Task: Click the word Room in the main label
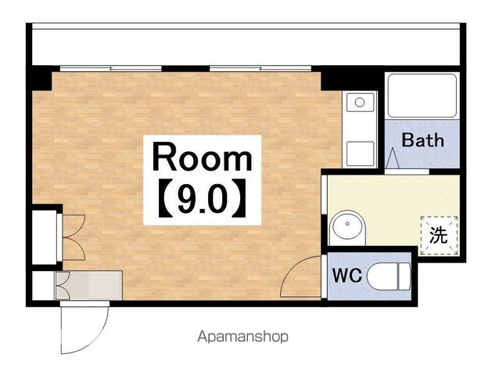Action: coord(203,157)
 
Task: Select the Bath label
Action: coord(422,140)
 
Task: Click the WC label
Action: coord(347,275)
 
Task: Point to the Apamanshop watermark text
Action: coord(242,337)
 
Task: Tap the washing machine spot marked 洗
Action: coord(439,235)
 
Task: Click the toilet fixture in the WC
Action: coord(389,277)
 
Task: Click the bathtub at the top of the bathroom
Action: coord(422,96)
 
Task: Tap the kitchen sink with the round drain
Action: coord(360,102)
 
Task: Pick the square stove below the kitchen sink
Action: coord(360,154)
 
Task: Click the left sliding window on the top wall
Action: coord(111,68)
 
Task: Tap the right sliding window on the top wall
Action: coord(260,68)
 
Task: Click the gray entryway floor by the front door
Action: coord(89,285)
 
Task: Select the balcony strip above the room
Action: coord(246,47)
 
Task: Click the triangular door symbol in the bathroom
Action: coord(393,158)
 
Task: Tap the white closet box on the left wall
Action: coord(45,237)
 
